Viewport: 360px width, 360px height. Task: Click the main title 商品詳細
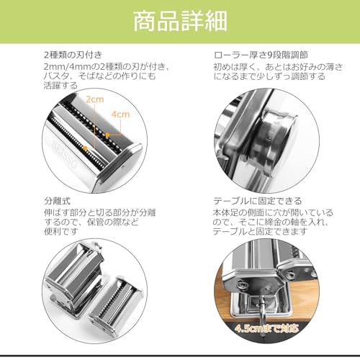(x=180, y=21)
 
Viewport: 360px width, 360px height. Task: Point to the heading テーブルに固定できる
(x=258, y=200)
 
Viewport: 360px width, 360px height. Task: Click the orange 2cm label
(x=92, y=98)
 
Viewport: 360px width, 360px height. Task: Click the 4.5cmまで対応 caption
(x=271, y=328)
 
